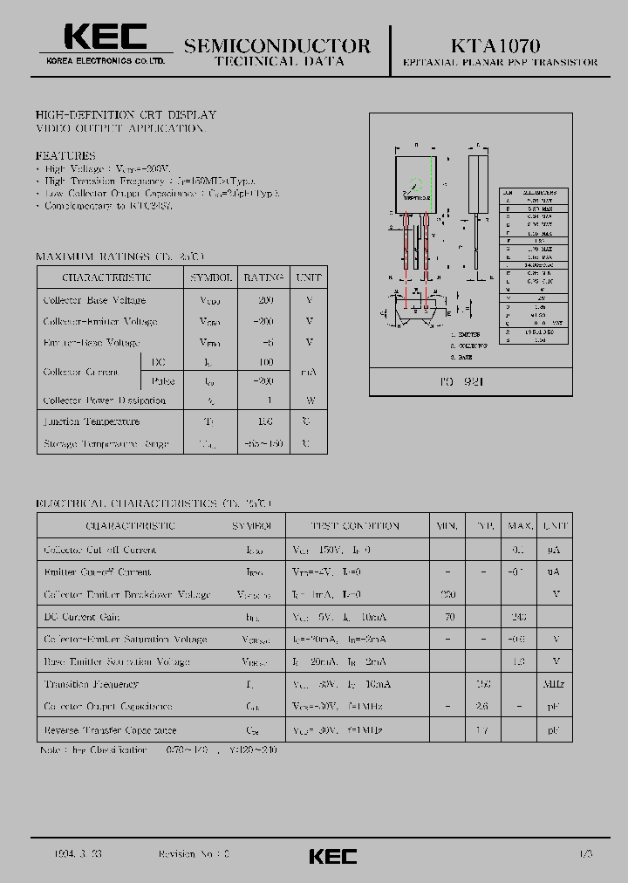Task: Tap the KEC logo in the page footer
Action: coord(332,856)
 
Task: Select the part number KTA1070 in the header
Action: coord(495,45)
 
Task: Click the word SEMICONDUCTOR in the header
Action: coord(277,46)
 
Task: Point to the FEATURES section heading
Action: coord(65,155)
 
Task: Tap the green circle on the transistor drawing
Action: coord(417,184)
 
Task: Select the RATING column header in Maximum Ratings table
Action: coord(263,277)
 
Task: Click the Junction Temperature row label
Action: coord(92,421)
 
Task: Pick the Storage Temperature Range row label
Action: coord(106,444)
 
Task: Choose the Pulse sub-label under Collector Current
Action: coord(163,381)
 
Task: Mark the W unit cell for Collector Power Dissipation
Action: coord(309,400)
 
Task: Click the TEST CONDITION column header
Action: coord(355,526)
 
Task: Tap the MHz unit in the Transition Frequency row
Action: coord(553,685)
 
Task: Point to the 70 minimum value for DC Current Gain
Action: coord(449,617)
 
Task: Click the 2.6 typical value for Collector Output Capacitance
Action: coord(482,707)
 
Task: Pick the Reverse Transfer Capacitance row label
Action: coord(110,729)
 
